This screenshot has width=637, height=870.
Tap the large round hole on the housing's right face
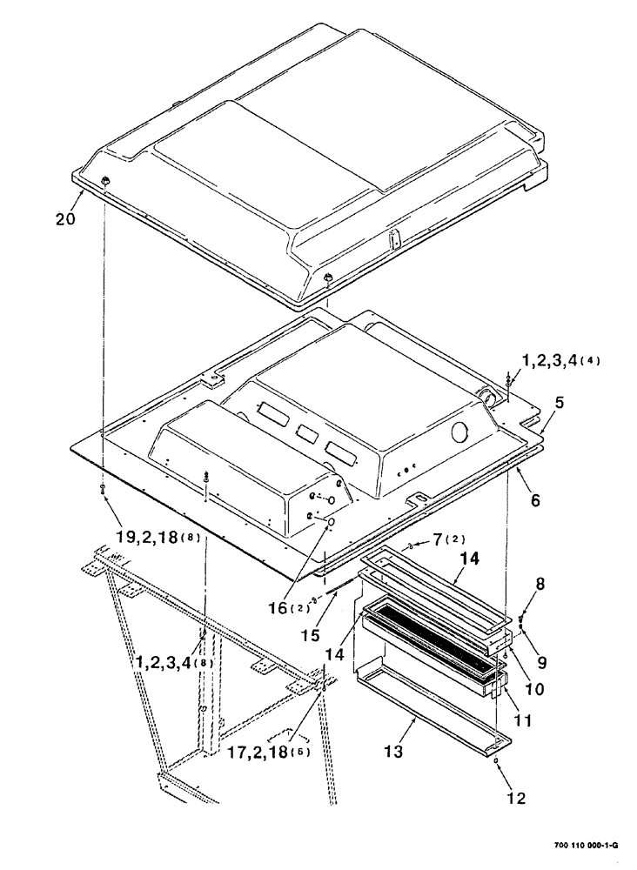[458, 432]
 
